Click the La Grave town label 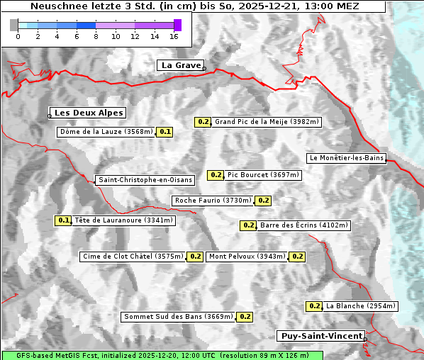(180, 65)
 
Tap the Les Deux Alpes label (89, 113)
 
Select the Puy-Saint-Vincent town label (322, 336)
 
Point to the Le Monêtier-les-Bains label (346, 158)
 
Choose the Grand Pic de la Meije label (267, 122)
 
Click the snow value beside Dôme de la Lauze (165, 132)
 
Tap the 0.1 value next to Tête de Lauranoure (64, 220)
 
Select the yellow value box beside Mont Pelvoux (297, 257)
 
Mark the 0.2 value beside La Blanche (314, 306)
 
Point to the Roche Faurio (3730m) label (213, 201)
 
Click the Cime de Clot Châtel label (133, 257)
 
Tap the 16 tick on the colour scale (174, 36)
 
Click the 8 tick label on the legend (96, 36)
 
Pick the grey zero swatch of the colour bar (14, 25)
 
